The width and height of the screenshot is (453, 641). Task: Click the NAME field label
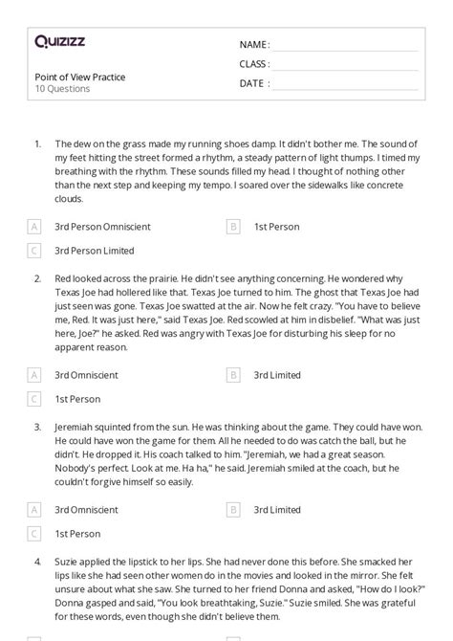[254, 45]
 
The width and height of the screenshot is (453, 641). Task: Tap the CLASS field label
[254, 64]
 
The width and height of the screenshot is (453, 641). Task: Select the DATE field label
[254, 83]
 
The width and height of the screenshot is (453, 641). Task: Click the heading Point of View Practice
[79, 77]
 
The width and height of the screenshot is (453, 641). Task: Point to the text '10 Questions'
[62, 89]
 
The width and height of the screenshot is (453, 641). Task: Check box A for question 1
[35, 227]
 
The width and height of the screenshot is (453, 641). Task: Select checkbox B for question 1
[233, 227]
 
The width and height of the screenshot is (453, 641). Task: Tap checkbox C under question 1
[35, 251]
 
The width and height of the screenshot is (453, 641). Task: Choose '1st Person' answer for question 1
[276, 227]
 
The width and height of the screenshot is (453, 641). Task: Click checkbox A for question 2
[35, 376]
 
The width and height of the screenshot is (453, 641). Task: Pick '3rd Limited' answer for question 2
[277, 376]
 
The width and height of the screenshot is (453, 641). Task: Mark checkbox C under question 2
[35, 399]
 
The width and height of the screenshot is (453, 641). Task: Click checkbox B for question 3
[233, 510]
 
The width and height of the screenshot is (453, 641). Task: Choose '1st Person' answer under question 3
[77, 533]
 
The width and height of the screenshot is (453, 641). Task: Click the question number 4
[37, 557]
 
